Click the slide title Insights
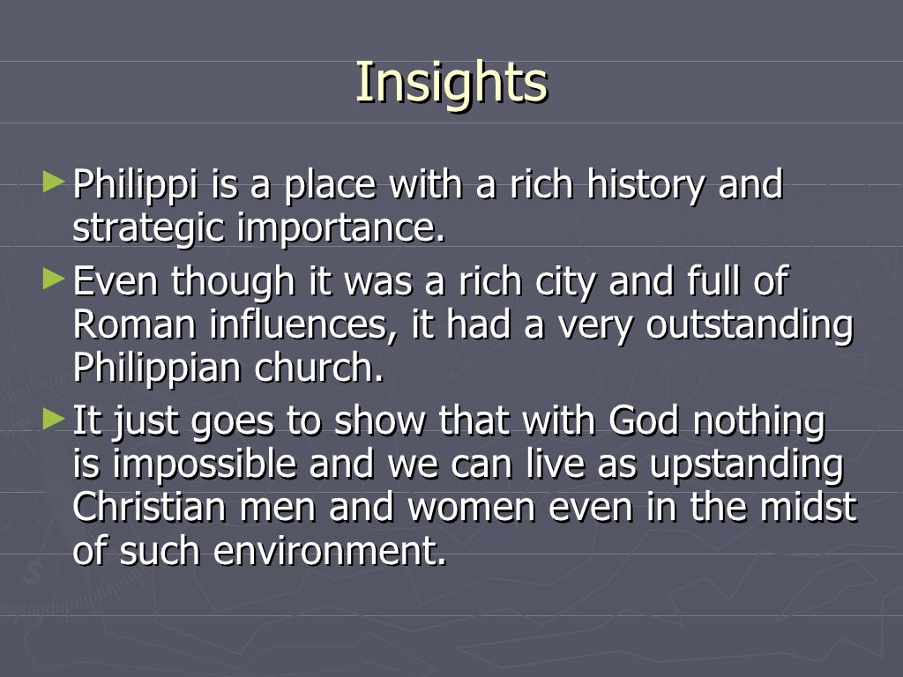tap(451, 82)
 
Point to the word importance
tap(342, 229)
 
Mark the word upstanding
tap(746, 465)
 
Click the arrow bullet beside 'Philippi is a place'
tap(54, 184)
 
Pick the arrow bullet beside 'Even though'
tap(54, 280)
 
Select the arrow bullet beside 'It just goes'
tap(54, 420)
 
